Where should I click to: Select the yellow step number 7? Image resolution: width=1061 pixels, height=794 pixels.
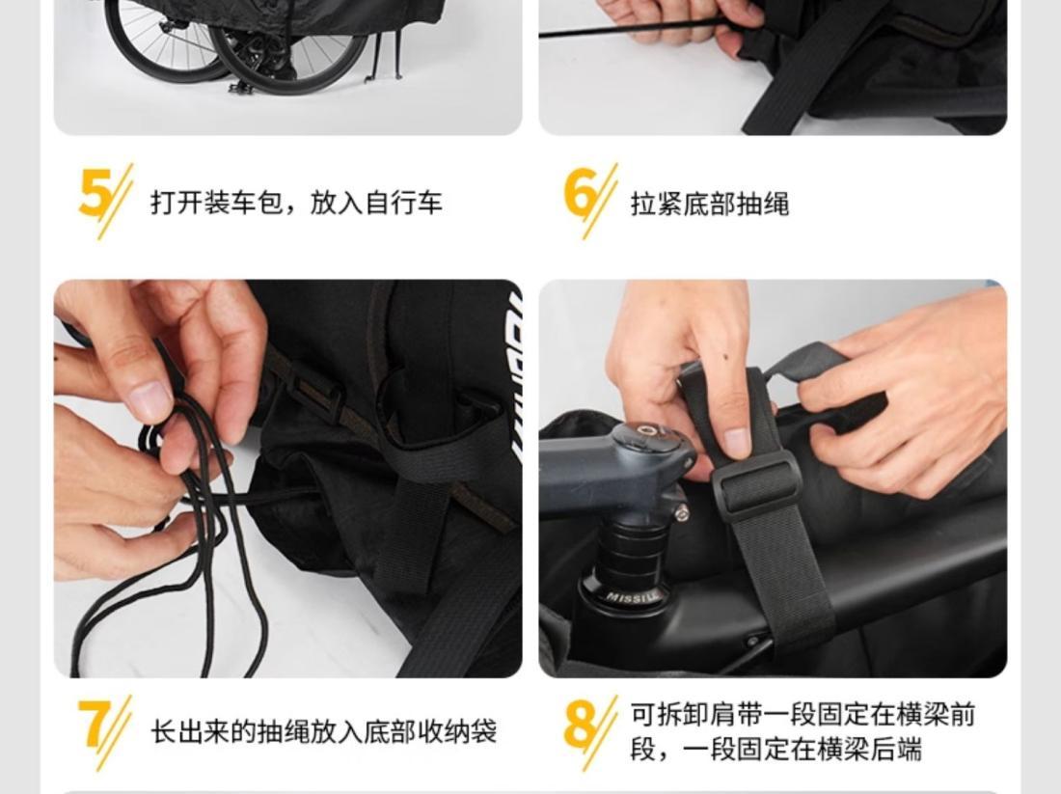point(94,724)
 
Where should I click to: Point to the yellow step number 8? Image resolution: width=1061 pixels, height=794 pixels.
point(580,725)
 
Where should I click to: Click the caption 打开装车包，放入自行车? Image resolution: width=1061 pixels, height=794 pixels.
point(296,203)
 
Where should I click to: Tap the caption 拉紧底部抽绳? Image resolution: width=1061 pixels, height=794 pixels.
point(710,204)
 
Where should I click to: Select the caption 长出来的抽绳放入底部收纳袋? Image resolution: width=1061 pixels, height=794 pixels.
point(323,731)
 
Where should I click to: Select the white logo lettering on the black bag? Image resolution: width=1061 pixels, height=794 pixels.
point(515,379)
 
